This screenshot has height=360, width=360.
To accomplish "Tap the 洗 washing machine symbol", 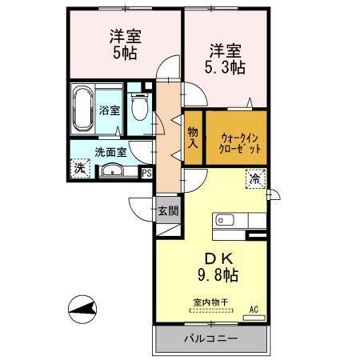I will pos(79,169).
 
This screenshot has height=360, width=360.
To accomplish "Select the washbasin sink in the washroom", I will pos(112,170).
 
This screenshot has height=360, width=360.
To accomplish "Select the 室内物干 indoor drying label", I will pos(210,303).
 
